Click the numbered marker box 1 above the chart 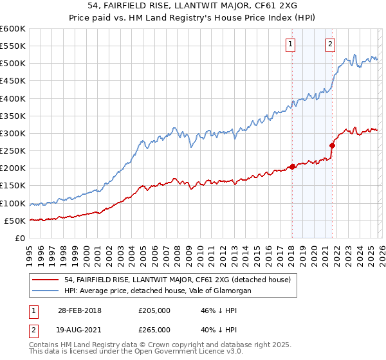[x=290, y=44]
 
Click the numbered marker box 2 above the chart [x=331, y=44]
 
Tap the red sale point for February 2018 [x=292, y=166]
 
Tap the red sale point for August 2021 [x=333, y=145]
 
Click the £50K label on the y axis [x=15, y=221]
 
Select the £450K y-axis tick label [x=13, y=81]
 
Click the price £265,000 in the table [x=154, y=329]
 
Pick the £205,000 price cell [x=154, y=310]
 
